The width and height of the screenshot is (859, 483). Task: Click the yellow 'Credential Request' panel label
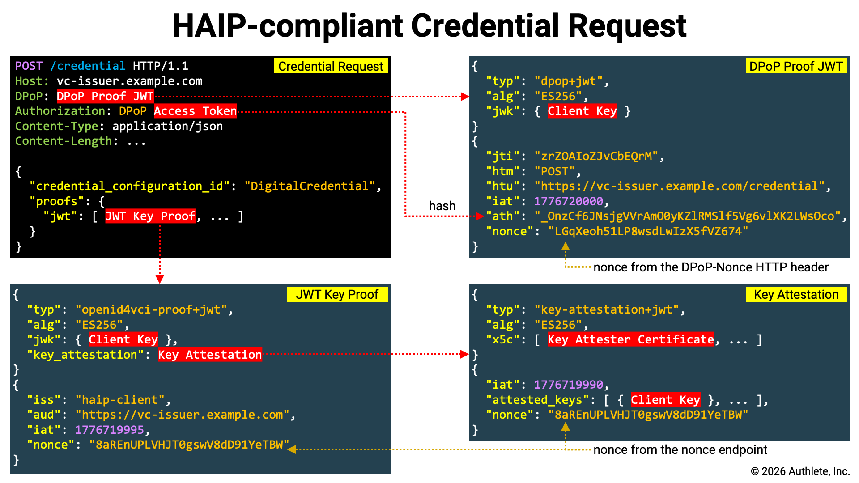[331, 66]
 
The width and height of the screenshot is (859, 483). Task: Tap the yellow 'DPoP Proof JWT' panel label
[796, 66]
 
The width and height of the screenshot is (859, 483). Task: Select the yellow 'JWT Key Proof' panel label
[337, 294]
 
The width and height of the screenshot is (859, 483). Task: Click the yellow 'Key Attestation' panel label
[796, 294]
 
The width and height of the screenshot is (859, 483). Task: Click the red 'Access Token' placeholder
[195, 111]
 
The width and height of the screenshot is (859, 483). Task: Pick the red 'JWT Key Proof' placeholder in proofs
[150, 216]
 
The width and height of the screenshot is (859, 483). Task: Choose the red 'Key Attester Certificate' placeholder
[631, 340]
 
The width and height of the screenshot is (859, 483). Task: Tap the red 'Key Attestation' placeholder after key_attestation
[210, 355]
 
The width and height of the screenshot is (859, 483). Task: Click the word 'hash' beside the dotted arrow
[442, 206]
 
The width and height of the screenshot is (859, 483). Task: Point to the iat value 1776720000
[568, 201]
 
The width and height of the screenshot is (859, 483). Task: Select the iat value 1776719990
[568, 385]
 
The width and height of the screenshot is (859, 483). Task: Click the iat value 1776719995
[109, 430]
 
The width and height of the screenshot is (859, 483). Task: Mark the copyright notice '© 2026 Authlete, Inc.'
[800, 471]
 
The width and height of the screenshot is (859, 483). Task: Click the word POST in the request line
[29, 66]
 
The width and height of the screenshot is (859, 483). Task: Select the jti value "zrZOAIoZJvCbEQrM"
[596, 157]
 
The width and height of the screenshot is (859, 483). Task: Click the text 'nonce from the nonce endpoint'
[680, 449]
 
